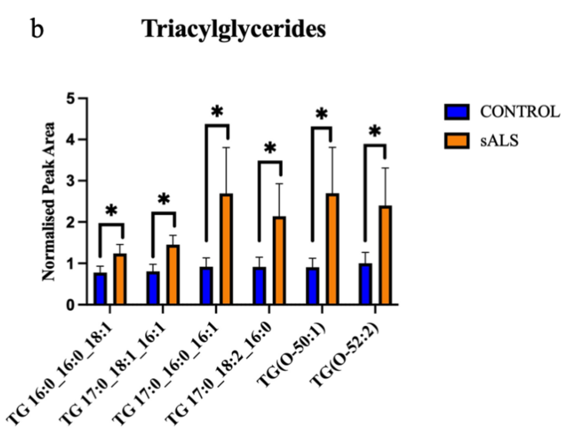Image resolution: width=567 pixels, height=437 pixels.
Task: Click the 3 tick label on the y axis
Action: pyautogui.click(x=70, y=181)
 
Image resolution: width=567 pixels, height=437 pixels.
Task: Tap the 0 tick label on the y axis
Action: pyautogui.click(x=70, y=305)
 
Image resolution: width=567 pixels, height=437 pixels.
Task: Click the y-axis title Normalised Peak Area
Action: pyautogui.click(x=49, y=202)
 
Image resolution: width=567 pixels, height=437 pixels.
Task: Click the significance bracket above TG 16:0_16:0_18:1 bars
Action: pyautogui.click(x=111, y=224)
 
